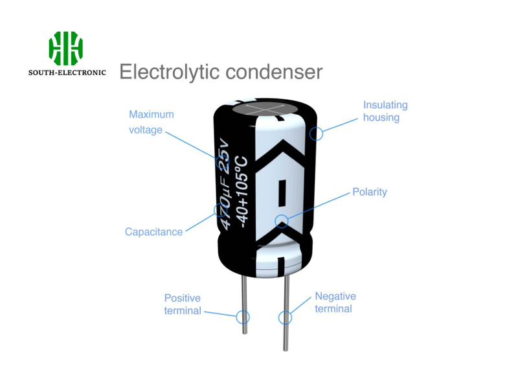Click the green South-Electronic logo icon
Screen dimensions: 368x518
[65, 49]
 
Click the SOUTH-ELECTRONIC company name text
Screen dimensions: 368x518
[67, 73]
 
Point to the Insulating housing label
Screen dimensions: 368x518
[385, 111]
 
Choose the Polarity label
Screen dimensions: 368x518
[370, 192]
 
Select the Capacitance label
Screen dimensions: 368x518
[153, 232]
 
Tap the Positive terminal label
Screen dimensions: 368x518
[183, 304]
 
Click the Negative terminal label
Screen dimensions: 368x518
[335, 303]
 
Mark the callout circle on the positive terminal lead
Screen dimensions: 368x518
[243, 317]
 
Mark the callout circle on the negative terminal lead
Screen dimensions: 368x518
[285, 317]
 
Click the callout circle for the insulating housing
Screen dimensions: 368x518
[316, 134]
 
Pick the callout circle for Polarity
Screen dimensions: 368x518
[281, 221]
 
